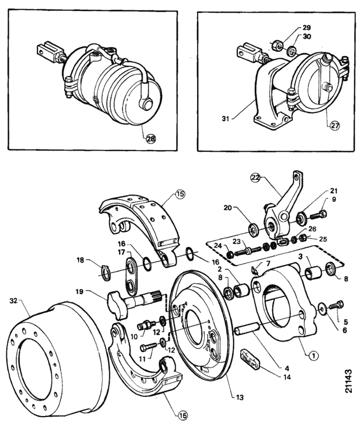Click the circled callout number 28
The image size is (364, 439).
[151, 139]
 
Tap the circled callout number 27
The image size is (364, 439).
[335, 126]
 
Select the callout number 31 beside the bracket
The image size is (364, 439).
[226, 119]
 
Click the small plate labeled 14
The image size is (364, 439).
[250, 358]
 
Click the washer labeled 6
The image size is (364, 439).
[321, 309]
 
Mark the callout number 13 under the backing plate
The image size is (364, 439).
[239, 397]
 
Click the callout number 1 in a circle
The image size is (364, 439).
[314, 355]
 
